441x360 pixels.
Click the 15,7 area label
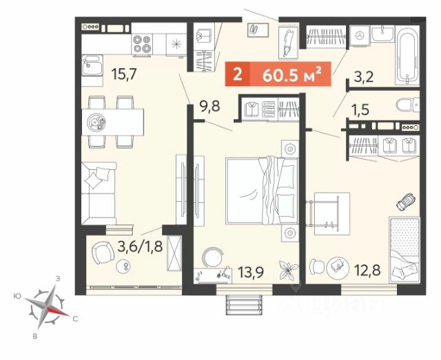pos(124,74)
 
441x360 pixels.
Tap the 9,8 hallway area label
pos(209,107)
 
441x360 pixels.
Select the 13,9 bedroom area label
pos(251,272)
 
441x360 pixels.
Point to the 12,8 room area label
pos(367,271)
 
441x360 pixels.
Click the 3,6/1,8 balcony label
pos(140,247)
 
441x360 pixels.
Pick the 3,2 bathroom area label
pos(364,76)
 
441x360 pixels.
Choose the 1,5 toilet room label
pos(360,109)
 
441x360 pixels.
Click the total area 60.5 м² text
pos(291,74)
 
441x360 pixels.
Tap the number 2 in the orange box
pos(238,74)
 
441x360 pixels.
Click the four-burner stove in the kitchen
pos(142,44)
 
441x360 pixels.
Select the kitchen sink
pos(92,65)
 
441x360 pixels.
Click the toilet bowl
pos(406,105)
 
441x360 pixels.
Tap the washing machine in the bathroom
pos(359,36)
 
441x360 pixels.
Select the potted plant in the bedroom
pos(288,271)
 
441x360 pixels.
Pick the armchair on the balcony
pos(103,253)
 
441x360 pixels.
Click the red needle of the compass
pos(58,311)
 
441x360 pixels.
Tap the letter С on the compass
pos(75,319)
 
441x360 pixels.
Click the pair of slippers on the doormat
pos(256,29)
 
